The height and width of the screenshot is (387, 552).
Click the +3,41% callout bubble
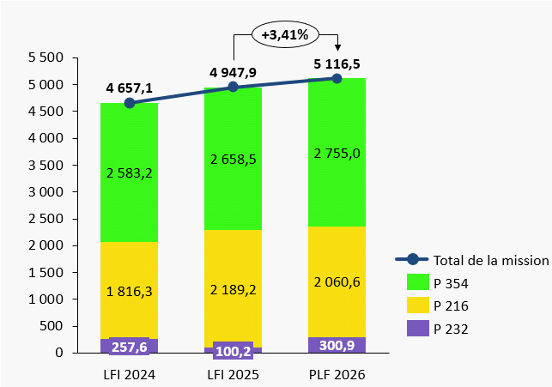285,35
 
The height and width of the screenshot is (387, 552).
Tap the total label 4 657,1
130,88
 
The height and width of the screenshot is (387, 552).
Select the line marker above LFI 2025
233,87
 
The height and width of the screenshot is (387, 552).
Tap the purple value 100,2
233,352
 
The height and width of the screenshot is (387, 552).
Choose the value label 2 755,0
337,153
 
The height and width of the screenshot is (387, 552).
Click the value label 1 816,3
130,291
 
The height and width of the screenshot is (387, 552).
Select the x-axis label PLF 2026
337,374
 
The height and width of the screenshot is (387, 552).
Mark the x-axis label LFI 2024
130,374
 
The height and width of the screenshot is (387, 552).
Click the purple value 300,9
337,345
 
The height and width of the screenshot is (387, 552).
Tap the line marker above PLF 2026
337,78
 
